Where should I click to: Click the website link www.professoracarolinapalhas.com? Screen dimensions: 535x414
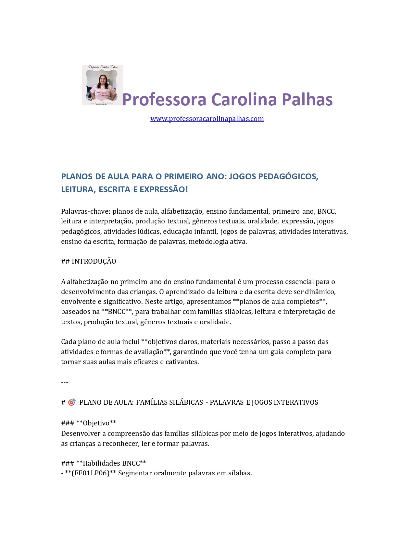207,119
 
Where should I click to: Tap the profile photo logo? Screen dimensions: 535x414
102,85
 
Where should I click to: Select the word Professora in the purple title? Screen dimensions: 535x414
164,99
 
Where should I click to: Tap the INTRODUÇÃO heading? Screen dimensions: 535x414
94,261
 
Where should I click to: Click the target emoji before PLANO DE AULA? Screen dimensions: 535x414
72,402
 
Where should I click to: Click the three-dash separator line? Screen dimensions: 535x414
65,382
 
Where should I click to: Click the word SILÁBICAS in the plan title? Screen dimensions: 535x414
186,402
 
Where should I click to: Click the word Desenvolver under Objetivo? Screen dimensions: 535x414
83,434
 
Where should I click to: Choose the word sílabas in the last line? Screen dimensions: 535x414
240,473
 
